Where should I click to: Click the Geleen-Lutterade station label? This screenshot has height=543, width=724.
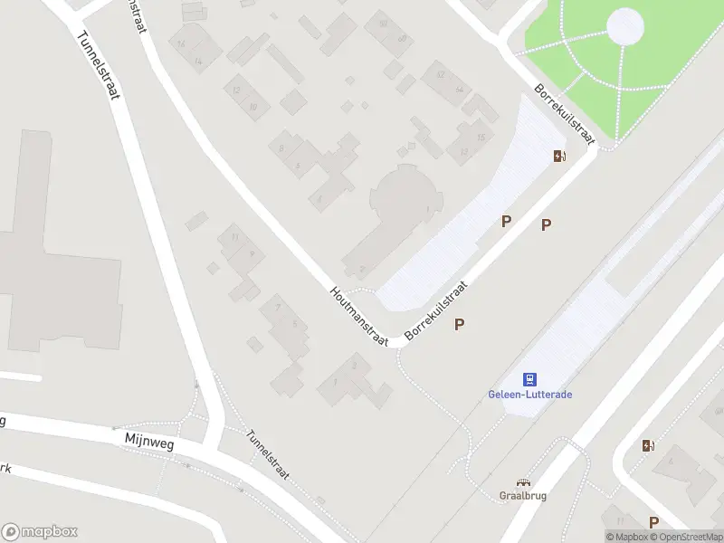529,395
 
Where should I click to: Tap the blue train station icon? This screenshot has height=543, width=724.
529,379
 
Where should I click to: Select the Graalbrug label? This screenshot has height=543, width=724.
522,495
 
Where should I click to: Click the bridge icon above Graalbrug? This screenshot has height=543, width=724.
522,482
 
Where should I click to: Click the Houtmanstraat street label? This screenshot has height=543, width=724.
358,316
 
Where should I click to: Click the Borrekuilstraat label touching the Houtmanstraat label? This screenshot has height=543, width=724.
437,310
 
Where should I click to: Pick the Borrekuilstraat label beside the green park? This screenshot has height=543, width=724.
564,115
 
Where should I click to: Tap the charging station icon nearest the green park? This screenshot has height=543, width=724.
560,156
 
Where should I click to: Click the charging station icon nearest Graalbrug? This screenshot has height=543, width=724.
647,445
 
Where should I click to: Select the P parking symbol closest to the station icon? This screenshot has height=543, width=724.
460,323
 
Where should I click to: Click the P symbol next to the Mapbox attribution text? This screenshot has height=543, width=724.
653,521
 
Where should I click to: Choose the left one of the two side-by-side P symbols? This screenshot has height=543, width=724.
507,220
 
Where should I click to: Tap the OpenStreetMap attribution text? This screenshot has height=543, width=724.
688,537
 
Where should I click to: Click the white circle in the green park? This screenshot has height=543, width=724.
625,26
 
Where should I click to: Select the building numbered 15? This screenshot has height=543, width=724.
481,137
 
